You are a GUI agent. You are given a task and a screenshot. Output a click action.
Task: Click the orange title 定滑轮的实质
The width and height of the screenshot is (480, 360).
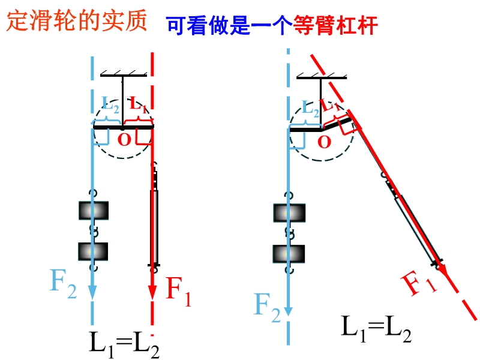tap(77, 20)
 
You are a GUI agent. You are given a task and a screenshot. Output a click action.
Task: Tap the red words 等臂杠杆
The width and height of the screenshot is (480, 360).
tap(335, 25)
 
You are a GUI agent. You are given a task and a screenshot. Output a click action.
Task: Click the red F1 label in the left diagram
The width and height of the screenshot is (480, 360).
tap(178, 291)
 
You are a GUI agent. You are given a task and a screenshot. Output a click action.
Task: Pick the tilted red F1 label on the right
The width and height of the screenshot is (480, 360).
tap(419, 283)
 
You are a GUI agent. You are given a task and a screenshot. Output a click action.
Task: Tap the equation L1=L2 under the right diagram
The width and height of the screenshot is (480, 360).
tap(376, 329)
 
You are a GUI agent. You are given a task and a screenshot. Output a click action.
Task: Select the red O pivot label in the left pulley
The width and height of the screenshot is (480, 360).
tap(124, 140)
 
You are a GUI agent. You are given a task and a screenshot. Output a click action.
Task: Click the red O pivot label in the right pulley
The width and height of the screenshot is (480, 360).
tap(324, 142)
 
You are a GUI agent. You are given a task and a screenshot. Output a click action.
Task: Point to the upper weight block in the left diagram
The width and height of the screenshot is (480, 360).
tap(94, 211)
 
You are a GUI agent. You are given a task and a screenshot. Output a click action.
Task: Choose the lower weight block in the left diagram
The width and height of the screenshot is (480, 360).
tap(93, 251)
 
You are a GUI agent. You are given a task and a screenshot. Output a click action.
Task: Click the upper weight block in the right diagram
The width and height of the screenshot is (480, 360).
tap(289, 213)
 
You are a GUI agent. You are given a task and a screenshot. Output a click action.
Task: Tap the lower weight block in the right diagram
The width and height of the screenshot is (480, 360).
tap(289, 254)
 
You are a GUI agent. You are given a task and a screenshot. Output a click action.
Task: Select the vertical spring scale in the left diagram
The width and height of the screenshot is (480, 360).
tap(154, 217)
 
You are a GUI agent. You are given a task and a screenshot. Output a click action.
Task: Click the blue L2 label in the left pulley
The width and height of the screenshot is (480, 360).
tap(110, 104)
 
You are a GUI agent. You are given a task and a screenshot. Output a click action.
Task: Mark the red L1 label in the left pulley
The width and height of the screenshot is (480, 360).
tap(139, 104)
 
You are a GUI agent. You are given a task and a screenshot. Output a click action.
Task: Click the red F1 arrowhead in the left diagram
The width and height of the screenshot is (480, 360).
tap(152, 293)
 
